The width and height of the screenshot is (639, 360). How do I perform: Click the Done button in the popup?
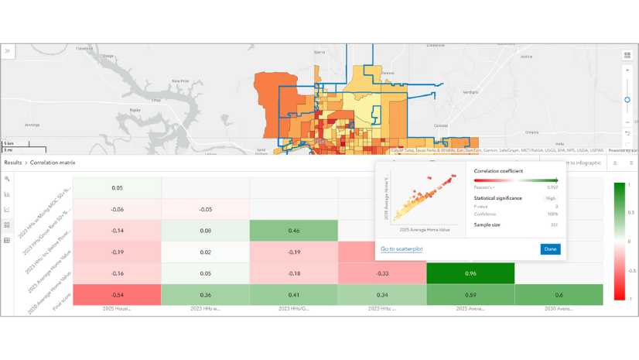tap(550, 249)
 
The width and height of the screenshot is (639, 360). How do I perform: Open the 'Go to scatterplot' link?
tap(400, 249)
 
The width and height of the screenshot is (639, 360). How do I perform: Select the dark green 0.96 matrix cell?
tap(471, 273)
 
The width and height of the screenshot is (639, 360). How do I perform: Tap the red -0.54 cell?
tap(117, 294)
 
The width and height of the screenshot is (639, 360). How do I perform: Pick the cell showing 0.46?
tap(294, 230)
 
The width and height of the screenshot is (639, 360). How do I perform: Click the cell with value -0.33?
tap(382, 273)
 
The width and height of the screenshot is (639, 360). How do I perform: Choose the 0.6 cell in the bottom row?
tap(559, 294)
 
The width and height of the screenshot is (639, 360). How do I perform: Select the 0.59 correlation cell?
tap(471, 294)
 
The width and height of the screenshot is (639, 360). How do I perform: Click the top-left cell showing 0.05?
tap(117, 187)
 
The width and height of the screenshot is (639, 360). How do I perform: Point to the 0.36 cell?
tap(206, 294)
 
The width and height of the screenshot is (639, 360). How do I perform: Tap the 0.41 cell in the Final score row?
tap(294, 294)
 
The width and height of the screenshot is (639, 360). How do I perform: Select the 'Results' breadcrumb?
tap(13, 163)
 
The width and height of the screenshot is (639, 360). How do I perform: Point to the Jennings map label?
tap(32, 125)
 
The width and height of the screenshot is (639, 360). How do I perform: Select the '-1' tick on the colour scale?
tap(631, 298)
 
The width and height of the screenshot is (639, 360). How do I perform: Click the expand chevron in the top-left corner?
tap(8, 51)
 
